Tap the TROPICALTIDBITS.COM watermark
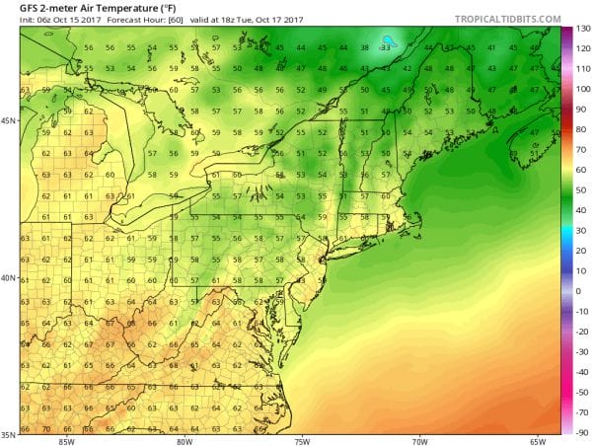(507, 19)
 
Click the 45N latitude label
(9, 121)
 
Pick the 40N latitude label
(9, 278)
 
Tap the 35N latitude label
(9, 433)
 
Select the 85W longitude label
(67, 440)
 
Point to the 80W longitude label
(185, 440)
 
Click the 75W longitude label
(303, 440)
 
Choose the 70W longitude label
(421, 440)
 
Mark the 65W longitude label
(538, 440)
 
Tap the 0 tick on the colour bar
(580, 291)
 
